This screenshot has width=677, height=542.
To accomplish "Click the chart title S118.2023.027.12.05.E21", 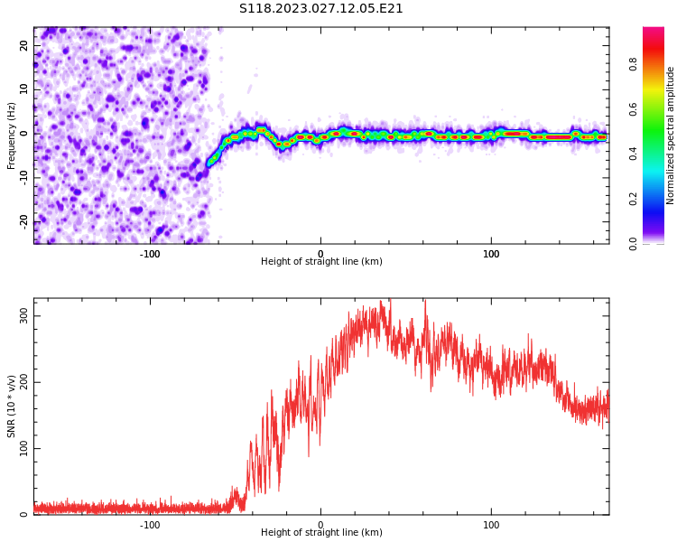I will tap(320, 9).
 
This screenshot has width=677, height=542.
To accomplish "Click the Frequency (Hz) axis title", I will tap(12, 135).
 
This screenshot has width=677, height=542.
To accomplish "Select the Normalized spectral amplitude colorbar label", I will tap(671, 135).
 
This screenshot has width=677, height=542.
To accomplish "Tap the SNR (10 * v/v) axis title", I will tap(12, 406).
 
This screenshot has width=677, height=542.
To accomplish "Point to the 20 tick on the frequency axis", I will tap(25, 45).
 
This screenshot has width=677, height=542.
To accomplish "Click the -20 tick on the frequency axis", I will tap(25, 220).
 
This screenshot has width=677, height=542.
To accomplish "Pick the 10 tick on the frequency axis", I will tap(25, 89).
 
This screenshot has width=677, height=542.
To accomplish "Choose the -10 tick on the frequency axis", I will tap(25, 176).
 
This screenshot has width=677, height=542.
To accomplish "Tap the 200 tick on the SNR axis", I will tap(22, 381).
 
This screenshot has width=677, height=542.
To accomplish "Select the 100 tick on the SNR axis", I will tap(22, 448).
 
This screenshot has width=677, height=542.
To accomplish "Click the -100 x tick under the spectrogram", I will tap(150, 254).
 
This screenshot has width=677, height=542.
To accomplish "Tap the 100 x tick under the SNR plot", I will tap(491, 525).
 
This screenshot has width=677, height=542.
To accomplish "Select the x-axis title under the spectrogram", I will tap(321, 262).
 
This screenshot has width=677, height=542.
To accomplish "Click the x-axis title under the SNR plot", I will tap(321, 533).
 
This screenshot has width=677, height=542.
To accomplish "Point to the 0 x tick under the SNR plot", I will tap(320, 525).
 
